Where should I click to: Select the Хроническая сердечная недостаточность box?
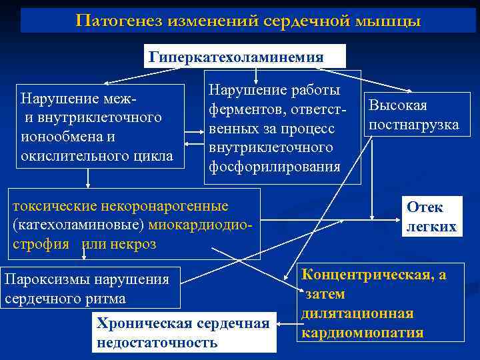point(183,333)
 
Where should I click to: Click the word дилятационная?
point(357,313)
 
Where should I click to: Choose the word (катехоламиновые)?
point(79,225)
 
